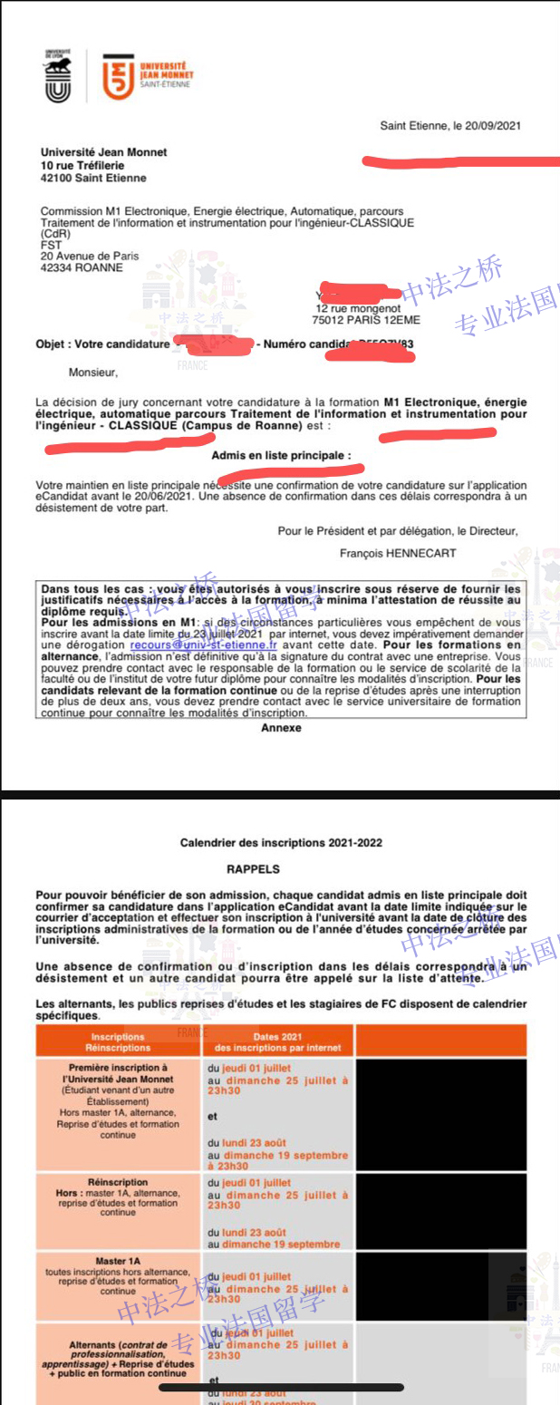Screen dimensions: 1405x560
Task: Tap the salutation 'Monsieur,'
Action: tap(93, 371)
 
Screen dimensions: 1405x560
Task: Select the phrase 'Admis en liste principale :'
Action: tap(281, 456)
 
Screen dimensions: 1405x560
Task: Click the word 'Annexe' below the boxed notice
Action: tap(281, 727)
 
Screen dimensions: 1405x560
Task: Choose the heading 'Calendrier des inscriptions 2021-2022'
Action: tap(281, 842)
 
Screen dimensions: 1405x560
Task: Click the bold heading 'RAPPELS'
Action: tap(254, 867)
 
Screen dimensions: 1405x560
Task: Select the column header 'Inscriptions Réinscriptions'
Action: tap(118, 1042)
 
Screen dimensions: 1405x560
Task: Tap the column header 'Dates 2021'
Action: tap(277, 1036)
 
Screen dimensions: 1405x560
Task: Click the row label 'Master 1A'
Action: tap(118, 1261)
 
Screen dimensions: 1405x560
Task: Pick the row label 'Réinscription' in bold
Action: tap(118, 1182)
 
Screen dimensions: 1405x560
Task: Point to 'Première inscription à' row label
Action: tap(118, 1068)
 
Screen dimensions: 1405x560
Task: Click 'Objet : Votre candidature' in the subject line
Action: tap(102, 344)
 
